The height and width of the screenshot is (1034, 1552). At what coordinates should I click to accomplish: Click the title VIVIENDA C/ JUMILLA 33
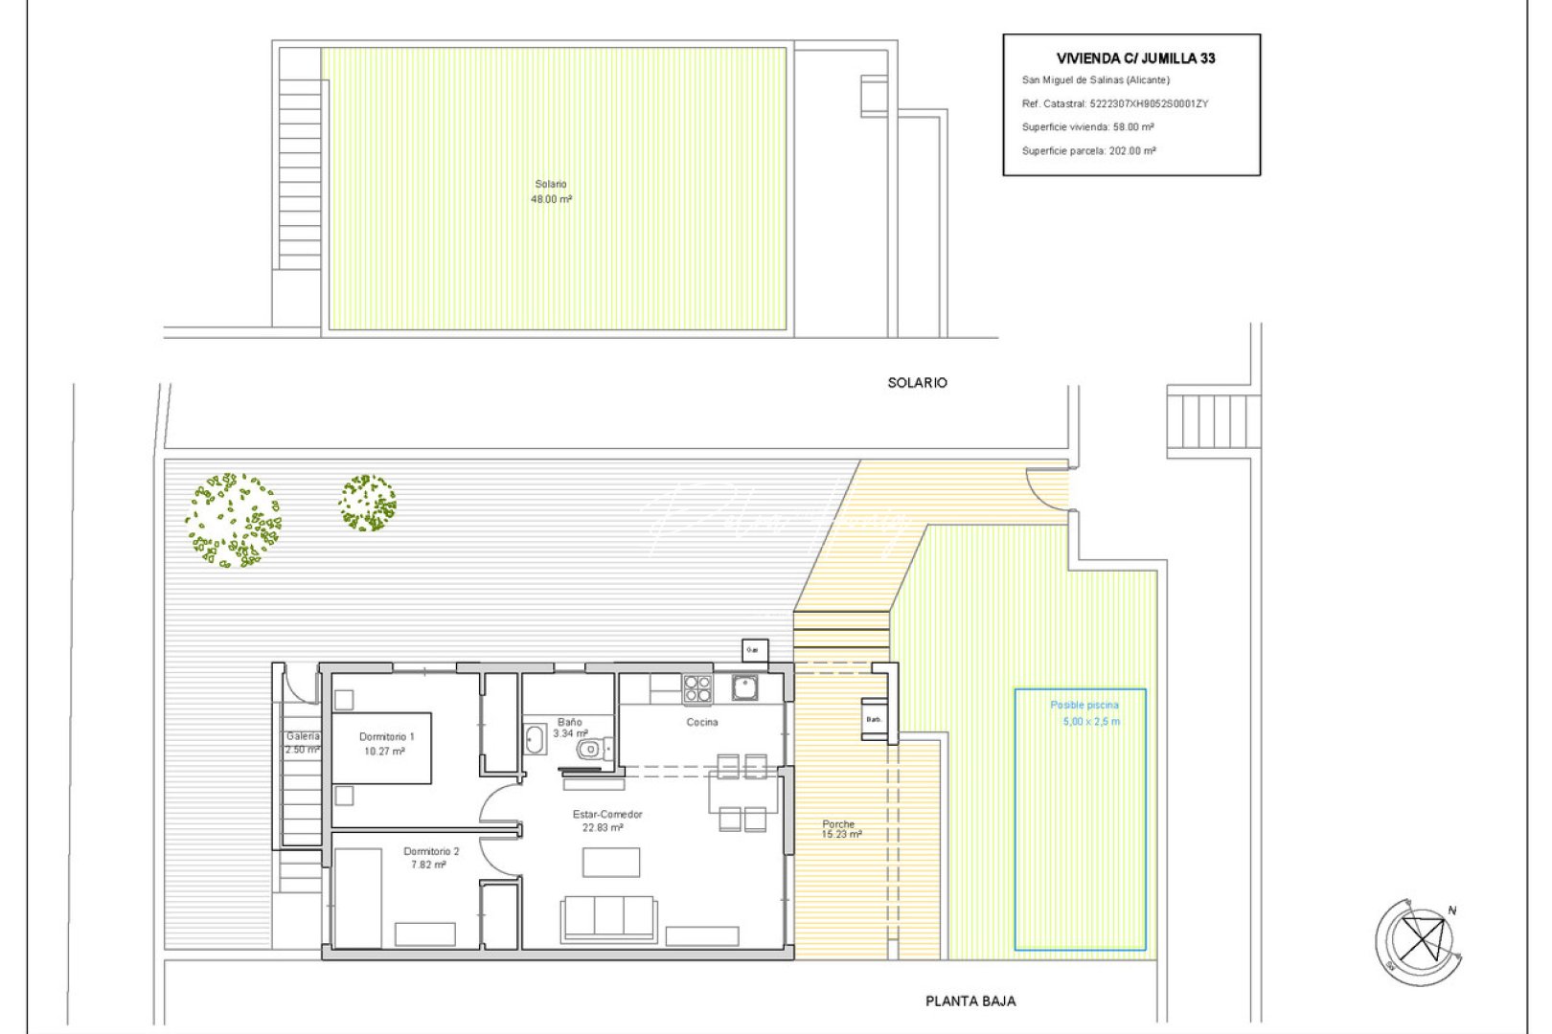point(1135,58)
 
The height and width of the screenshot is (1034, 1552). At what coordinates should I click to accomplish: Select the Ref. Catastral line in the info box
point(1114,103)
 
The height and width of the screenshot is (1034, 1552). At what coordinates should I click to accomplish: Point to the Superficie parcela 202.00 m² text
point(1088,150)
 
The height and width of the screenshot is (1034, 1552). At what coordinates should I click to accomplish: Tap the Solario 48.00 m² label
point(551,191)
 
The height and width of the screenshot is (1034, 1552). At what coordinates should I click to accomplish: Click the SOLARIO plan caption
point(917,383)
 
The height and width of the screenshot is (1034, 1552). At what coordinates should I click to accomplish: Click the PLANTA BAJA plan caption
point(970,1001)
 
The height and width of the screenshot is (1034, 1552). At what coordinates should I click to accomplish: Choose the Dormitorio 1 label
point(386,744)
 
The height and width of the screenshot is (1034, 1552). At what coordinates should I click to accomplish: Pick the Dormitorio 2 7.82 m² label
point(430,858)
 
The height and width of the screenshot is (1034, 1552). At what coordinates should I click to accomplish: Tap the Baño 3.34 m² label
point(570,728)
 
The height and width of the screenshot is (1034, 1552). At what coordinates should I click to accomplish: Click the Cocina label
point(701,722)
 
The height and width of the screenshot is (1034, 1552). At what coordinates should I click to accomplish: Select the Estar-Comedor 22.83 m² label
point(606,820)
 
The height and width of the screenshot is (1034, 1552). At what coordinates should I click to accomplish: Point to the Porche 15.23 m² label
point(840,829)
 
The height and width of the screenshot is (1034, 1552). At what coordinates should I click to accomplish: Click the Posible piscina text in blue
point(1084,706)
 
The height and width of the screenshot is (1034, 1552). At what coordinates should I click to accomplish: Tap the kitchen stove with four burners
point(697,688)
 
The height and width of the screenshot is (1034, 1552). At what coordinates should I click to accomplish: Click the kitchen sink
point(744,686)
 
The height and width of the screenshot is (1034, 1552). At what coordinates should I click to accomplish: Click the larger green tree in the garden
point(233,521)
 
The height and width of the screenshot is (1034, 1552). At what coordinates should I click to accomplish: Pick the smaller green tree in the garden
point(367,503)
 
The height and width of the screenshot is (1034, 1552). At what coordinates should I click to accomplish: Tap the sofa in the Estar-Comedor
point(608,916)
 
